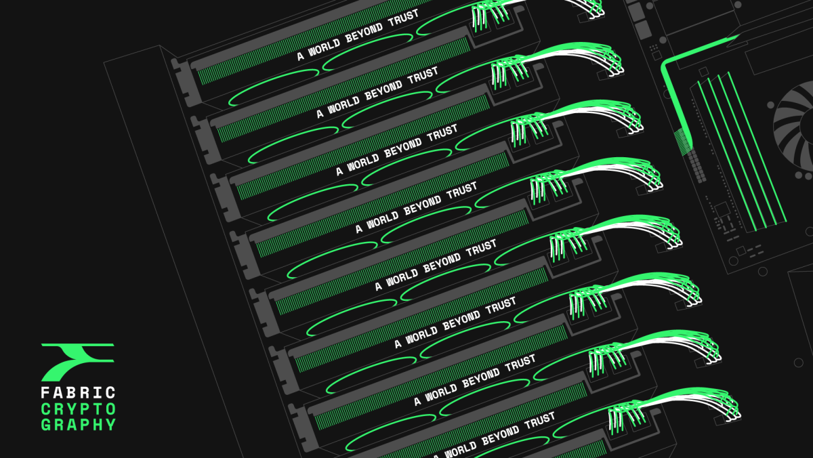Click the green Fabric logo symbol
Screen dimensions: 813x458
pos(77,362)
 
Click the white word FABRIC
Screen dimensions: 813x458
pos(78,393)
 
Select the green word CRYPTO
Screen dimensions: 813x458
pos(78,409)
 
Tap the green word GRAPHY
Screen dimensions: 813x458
pos(78,425)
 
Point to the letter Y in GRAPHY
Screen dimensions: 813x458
pos(110,425)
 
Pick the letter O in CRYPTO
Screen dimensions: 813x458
pos(110,409)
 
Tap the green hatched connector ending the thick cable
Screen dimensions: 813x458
pos(682,142)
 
